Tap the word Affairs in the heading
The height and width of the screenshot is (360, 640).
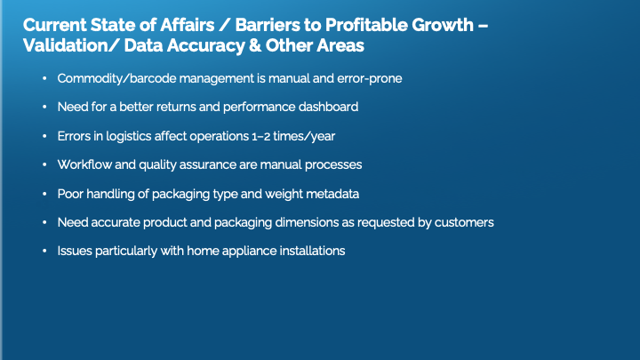pos(188,25)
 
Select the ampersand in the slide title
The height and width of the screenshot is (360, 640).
pos(255,45)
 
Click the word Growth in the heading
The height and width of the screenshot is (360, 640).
pos(443,25)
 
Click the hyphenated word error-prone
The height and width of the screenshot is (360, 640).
pos(370,78)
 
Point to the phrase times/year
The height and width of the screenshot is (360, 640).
pos(304,136)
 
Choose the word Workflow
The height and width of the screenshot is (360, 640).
pos(84,164)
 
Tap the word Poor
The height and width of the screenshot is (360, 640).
pos(70,194)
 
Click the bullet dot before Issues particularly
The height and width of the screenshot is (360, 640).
pos(44,251)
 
